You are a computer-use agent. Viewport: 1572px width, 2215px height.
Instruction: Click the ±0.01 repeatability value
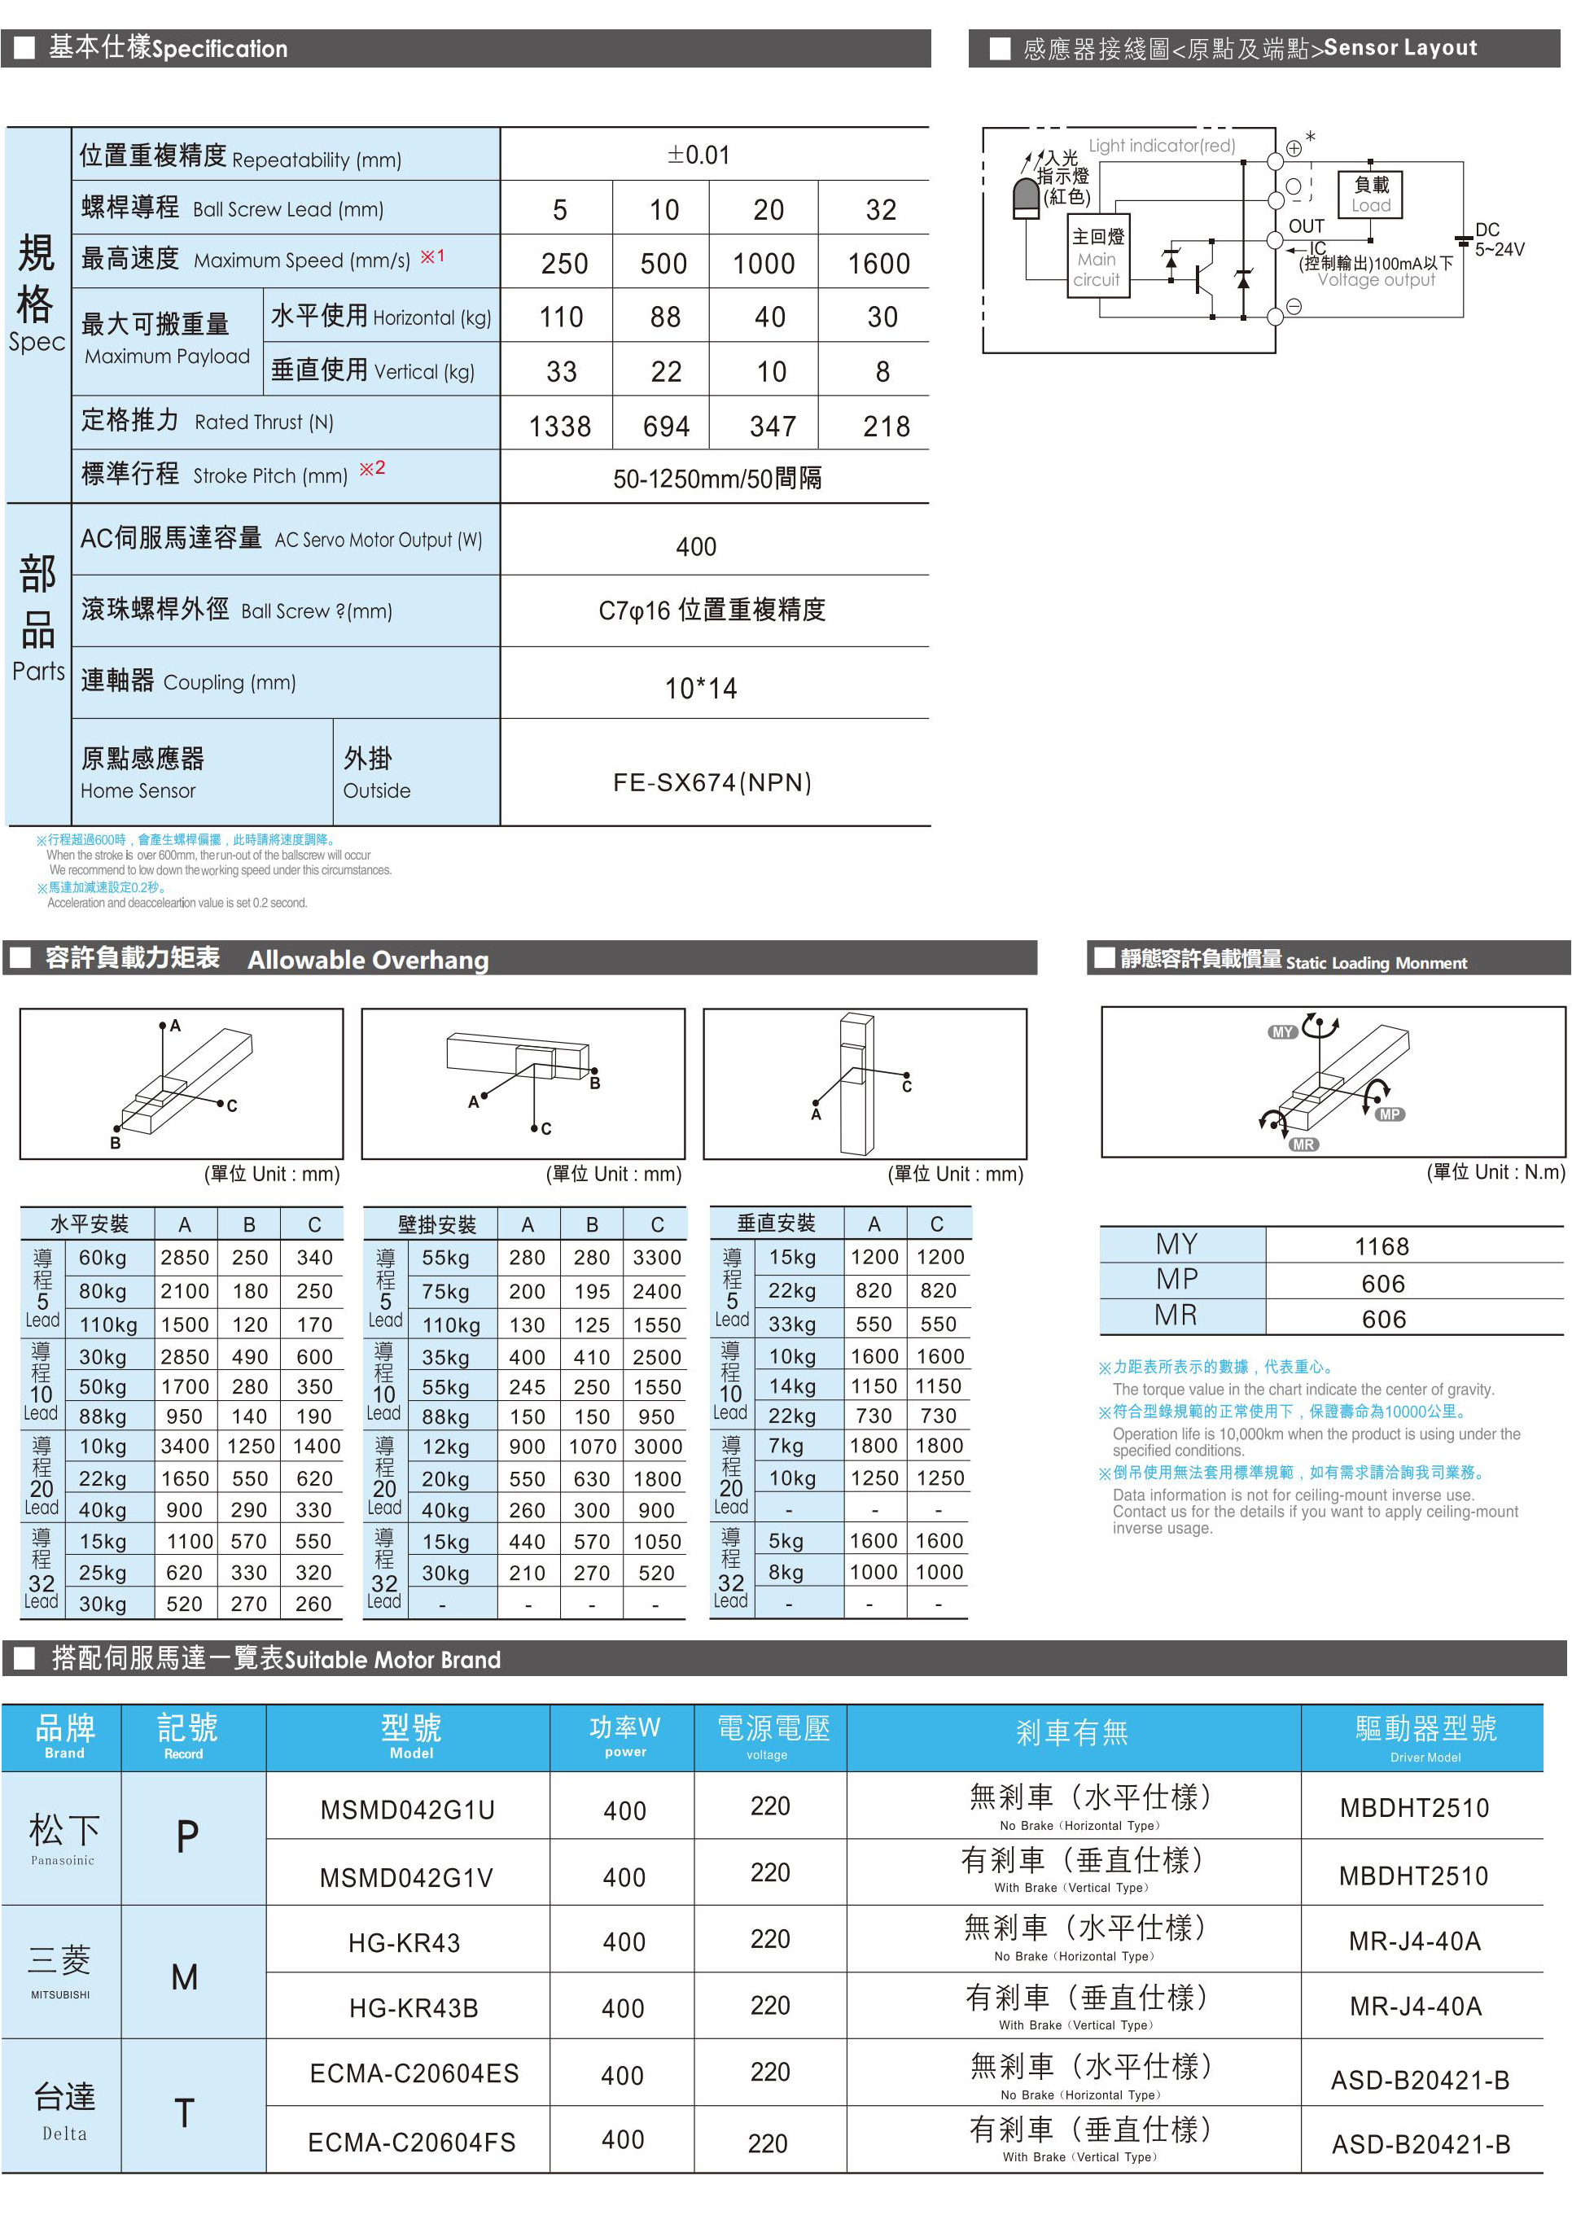pyautogui.click(x=698, y=155)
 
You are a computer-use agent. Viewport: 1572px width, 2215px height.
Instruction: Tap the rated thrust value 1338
pyautogui.click(x=559, y=426)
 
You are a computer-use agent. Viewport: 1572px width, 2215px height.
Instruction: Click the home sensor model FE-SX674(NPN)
pyautogui.click(x=712, y=781)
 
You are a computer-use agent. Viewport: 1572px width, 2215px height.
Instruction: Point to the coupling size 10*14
pyautogui.click(x=701, y=688)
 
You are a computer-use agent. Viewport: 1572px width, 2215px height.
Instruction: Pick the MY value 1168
pyautogui.click(x=1382, y=1246)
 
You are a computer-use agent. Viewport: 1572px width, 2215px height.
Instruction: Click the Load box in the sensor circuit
pyautogui.click(x=1371, y=195)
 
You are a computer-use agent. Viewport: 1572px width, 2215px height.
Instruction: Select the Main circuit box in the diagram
pyautogui.click(x=1097, y=258)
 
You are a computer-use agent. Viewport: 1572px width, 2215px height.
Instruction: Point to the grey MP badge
pyautogui.click(x=1390, y=1114)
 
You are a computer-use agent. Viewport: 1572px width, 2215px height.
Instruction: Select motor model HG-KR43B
pyautogui.click(x=414, y=2008)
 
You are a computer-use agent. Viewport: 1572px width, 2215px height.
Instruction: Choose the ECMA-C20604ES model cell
pyautogui.click(x=414, y=2073)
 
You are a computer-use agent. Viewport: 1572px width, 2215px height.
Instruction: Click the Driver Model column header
pyautogui.click(x=1425, y=1738)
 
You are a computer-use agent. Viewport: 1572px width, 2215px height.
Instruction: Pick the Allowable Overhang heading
pyautogui.click(x=368, y=959)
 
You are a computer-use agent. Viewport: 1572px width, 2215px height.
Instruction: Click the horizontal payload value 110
pyautogui.click(x=562, y=317)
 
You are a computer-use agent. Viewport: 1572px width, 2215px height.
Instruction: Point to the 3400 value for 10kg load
pyautogui.click(x=184, y=1446)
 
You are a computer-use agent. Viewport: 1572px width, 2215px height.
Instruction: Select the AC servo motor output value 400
pyautogui.click(x=696, y=547)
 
